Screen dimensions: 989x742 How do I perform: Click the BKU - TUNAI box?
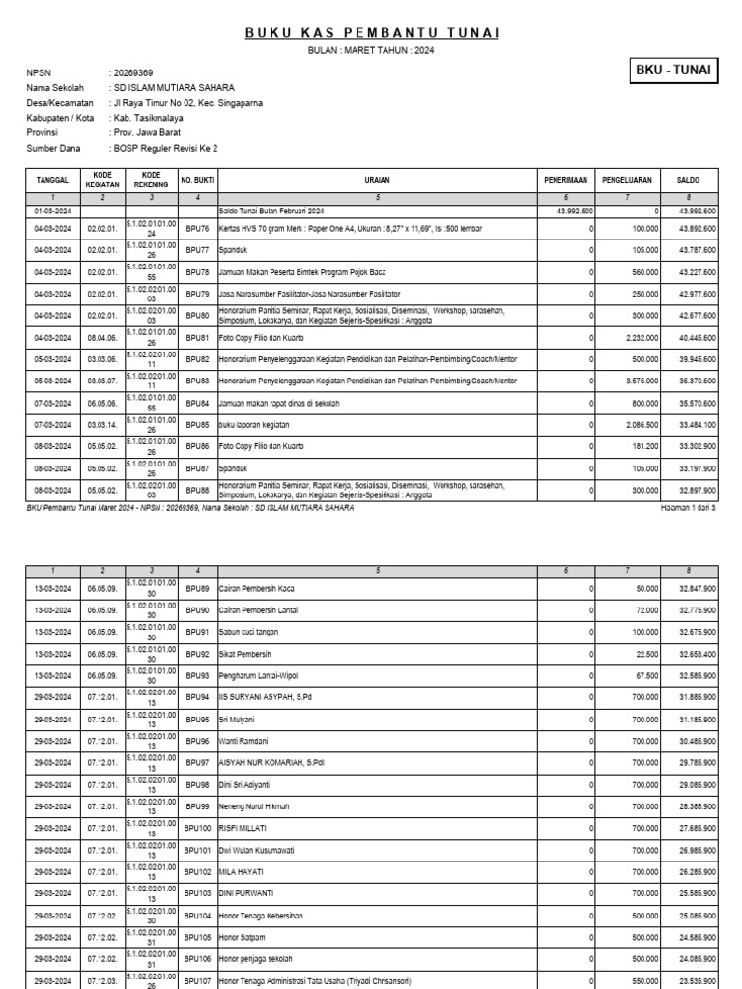coord(672,71)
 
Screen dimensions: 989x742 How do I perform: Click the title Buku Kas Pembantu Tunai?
coord(371,33)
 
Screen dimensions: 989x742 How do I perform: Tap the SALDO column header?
coord(689,180)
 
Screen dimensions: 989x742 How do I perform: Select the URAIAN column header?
coord(377,180)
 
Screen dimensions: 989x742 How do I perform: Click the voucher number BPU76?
coord(197,229)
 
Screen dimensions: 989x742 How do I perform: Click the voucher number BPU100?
coord(198,828)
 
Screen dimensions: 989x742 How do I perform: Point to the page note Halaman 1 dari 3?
coord(688,506)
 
